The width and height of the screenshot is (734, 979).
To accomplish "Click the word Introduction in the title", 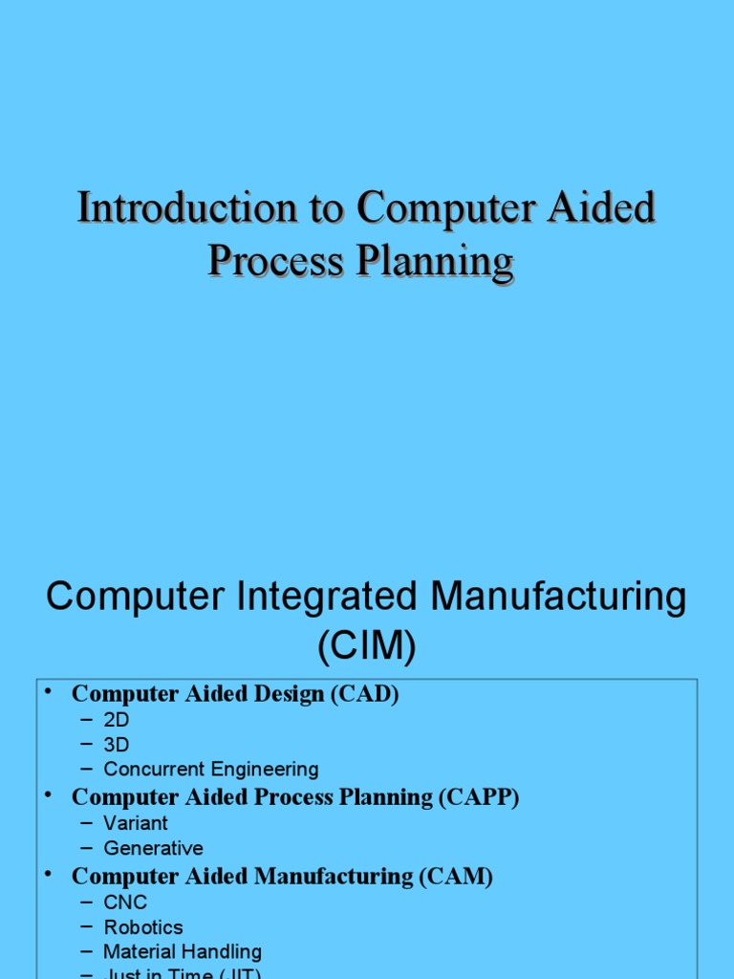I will [186, 208].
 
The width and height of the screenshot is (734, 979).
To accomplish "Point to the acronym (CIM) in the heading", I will [367, 648].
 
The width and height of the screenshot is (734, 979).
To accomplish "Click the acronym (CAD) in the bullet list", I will [364, 694].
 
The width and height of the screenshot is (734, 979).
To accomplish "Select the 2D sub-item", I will [116, 720].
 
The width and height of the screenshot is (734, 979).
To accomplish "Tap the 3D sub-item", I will [116, 745].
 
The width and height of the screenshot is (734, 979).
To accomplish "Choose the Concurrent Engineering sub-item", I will [210, 770].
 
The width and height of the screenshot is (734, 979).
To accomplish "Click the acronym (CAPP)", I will [479, 797].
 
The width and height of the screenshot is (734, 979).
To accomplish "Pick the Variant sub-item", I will [135, 823].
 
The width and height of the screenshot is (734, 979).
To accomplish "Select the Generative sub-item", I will [153, 848].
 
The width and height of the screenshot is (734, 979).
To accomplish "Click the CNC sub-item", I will [125, 902].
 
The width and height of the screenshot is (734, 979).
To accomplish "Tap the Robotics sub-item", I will [143, 927].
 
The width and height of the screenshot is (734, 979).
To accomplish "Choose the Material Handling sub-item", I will [182, 952].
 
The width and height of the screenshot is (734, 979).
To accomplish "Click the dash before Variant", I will [87, 823].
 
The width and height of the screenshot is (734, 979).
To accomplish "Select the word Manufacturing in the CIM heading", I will [558, 598].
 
